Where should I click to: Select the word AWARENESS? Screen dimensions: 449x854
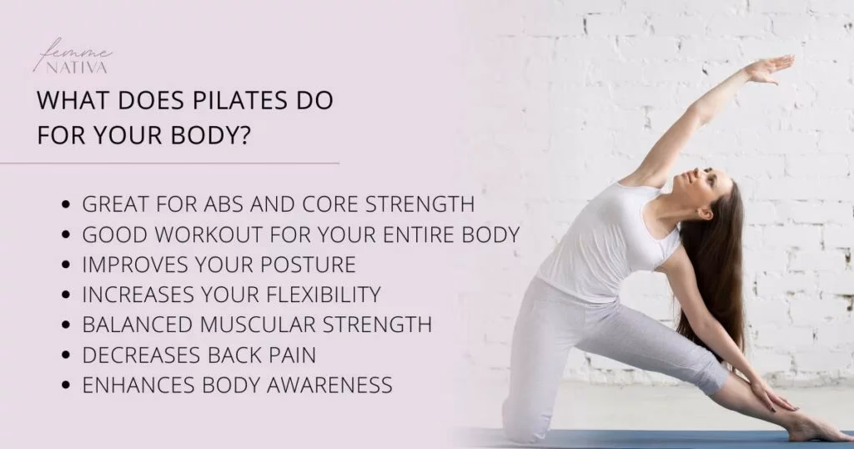click(330, 385)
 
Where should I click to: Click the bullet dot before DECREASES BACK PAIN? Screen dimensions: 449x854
click(66, 356)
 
